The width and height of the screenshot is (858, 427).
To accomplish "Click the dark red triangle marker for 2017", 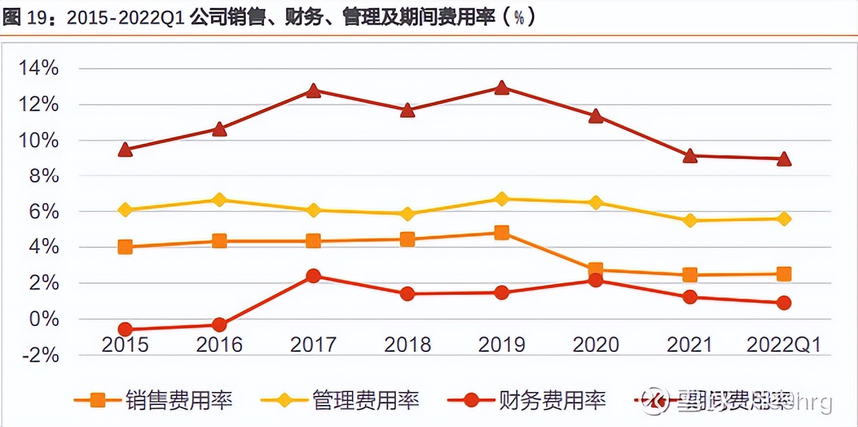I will [313, 91].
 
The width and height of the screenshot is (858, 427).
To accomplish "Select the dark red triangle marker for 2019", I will [501, 87].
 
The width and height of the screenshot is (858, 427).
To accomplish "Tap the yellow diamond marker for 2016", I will [219, 199].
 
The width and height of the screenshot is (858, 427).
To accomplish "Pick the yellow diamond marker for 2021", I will [690, 220].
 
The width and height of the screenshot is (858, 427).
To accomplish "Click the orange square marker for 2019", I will [501, 232].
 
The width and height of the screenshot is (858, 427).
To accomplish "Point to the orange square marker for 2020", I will [595, 269].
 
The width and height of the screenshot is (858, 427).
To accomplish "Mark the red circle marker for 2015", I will [126, 329].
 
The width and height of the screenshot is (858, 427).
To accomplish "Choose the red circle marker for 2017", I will [313, 276].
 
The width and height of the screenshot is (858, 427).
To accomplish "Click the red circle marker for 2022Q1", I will [784, 303].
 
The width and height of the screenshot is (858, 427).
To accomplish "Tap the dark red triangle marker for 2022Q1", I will [784, 159].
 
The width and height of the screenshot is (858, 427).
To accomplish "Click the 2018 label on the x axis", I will [407, 344].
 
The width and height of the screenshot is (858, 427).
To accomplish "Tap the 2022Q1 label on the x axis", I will [784, 344].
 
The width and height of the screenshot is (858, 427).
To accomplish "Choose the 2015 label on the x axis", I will [126, 344].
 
